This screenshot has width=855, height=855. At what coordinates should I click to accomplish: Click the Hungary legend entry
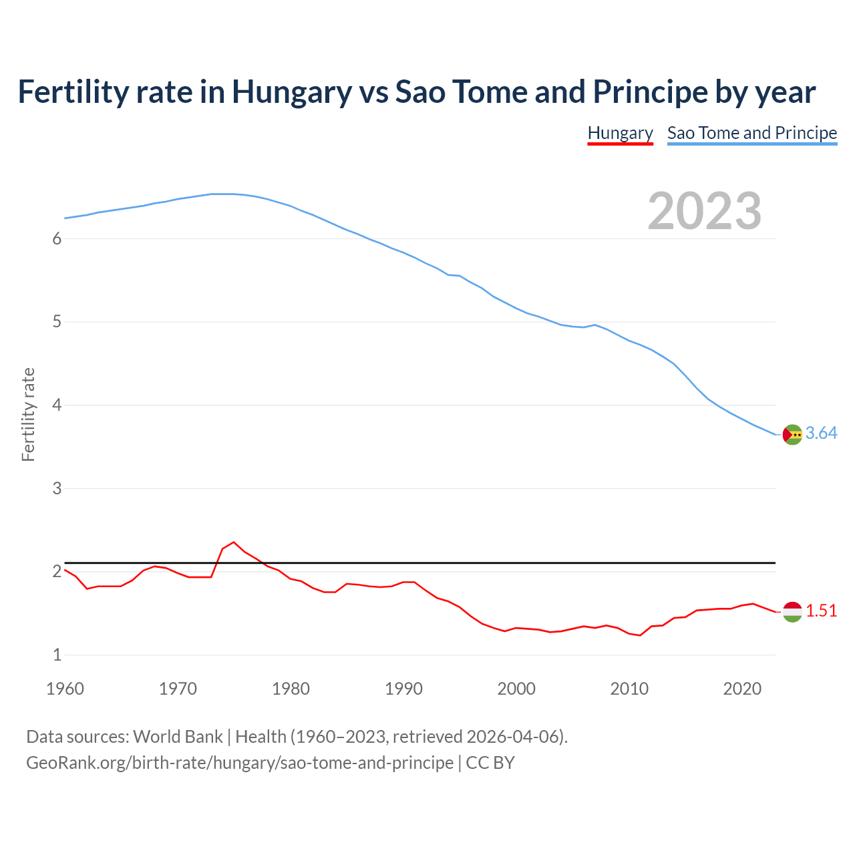(x=620, y=133)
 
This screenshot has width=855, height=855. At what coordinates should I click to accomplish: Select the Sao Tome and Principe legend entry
(x=752, y=133)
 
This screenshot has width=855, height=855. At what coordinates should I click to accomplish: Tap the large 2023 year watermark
(x=705, y=211)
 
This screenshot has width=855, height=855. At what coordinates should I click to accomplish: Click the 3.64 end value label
(x=821, y=434)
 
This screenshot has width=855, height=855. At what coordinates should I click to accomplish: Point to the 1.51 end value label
(x=821, y=611)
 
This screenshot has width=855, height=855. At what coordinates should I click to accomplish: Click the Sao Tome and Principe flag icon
(x=792, y=434)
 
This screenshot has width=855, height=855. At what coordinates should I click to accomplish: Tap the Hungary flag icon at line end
(x=792, y=611)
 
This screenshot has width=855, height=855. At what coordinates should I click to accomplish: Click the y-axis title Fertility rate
(x=28, y=414)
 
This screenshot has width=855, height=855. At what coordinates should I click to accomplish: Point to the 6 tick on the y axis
(x=57, y=239)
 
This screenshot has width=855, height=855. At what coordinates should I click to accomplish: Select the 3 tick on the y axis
(x=57, y=488)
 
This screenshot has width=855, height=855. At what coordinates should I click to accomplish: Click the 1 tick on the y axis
(x=57, y=655)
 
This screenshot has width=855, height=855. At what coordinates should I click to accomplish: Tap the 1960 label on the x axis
(x=65, y=689)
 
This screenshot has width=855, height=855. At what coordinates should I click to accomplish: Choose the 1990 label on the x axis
(x=403, y=689)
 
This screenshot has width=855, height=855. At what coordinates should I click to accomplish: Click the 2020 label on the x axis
(x=742, y=689)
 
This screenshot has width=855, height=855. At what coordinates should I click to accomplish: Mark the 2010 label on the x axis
(x=629, y=689)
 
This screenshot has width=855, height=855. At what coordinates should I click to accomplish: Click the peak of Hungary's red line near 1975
(x=233, y=542)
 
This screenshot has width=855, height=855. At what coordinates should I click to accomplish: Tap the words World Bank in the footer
(x=178, y=737)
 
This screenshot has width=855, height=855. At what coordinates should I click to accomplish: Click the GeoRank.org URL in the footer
(x=240, y=763)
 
